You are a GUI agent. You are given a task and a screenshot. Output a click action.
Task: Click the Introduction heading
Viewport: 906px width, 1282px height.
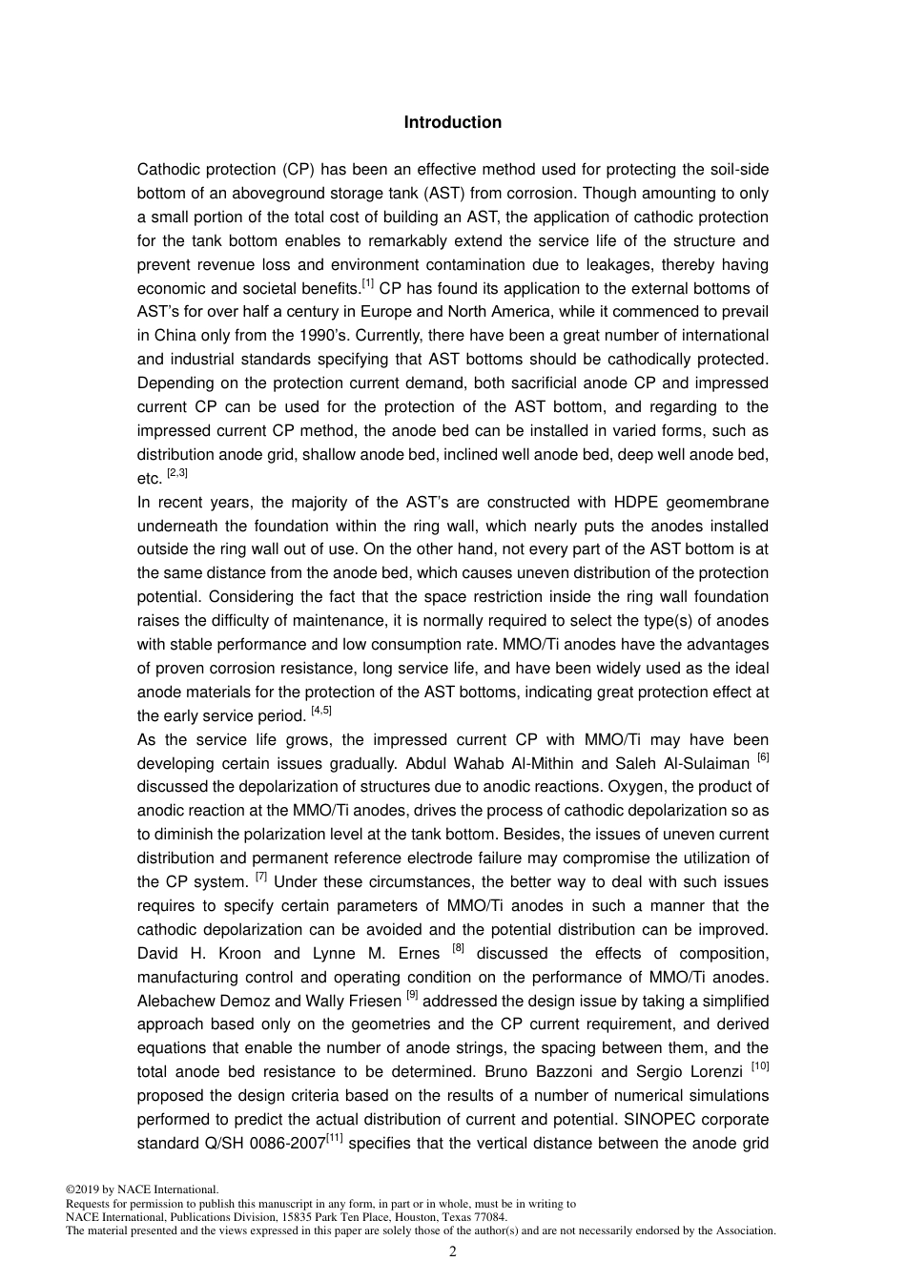click(x=452, y=122)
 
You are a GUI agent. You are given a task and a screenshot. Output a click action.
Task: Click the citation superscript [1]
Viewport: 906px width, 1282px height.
click(x=368, y=283)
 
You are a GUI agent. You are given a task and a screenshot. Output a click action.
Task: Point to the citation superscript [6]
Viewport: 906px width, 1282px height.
click(x=762, y=758)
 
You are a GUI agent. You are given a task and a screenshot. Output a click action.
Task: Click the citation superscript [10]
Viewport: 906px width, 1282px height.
click(x=759, y=1066)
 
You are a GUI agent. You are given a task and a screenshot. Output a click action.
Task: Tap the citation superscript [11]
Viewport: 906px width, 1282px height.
click(x=335, y=1138)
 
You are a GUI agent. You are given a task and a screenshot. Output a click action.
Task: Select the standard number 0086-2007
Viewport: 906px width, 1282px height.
click(x=287, y=1144)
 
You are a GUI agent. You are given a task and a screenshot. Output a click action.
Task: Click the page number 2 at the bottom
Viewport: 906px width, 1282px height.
click(x=453, y=1251)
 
